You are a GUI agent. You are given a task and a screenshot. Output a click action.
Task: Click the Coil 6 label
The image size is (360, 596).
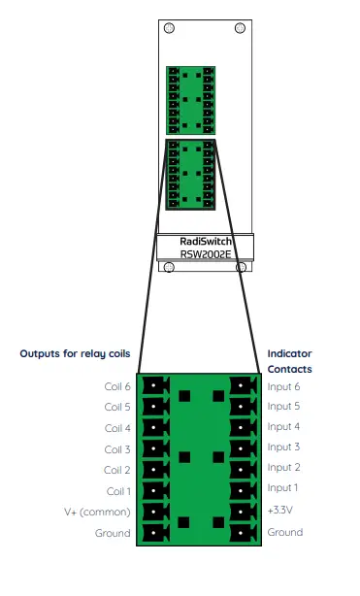(x=116, y=386)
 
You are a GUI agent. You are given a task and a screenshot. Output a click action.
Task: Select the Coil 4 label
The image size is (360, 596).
(x=116, y=428)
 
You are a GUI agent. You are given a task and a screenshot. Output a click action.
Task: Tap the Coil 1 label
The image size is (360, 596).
(x=116, y=491)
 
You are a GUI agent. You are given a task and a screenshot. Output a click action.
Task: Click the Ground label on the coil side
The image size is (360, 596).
(x=113, y=534)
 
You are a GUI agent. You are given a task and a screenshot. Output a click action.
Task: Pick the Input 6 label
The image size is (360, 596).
(x=284, y=385)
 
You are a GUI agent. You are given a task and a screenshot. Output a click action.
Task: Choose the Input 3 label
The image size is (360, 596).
(x=284, y=447)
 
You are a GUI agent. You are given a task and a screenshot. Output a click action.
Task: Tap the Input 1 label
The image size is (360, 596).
(x=284, y=488)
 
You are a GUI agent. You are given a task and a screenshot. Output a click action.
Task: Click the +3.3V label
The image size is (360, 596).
(x=282, y=511)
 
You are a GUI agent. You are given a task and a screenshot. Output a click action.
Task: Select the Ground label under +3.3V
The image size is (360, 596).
(x=285, y=532)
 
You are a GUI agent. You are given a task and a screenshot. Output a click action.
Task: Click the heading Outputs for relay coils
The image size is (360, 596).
(x=75, y=354)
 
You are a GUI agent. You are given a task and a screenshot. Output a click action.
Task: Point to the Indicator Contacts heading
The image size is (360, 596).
(x=290, y=361)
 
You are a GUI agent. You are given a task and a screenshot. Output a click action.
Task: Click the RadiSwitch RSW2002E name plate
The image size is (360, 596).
(x=204, y=246)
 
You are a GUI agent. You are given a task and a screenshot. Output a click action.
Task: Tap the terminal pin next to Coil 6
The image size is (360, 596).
(x=152, y=386)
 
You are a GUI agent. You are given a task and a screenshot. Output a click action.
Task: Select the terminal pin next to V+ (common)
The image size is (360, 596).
(x=152, y=513)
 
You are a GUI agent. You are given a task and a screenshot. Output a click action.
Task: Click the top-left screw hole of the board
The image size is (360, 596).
(x=169, y=28)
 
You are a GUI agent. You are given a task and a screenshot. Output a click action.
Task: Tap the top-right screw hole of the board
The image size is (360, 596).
(x=240, y=28)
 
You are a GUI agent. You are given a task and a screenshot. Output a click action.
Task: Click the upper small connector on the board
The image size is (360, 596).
(x=191, y=100)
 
